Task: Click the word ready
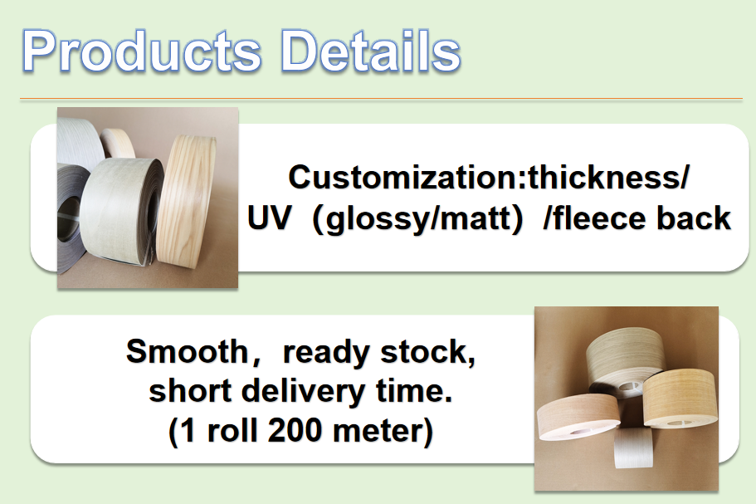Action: click(329, 352)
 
